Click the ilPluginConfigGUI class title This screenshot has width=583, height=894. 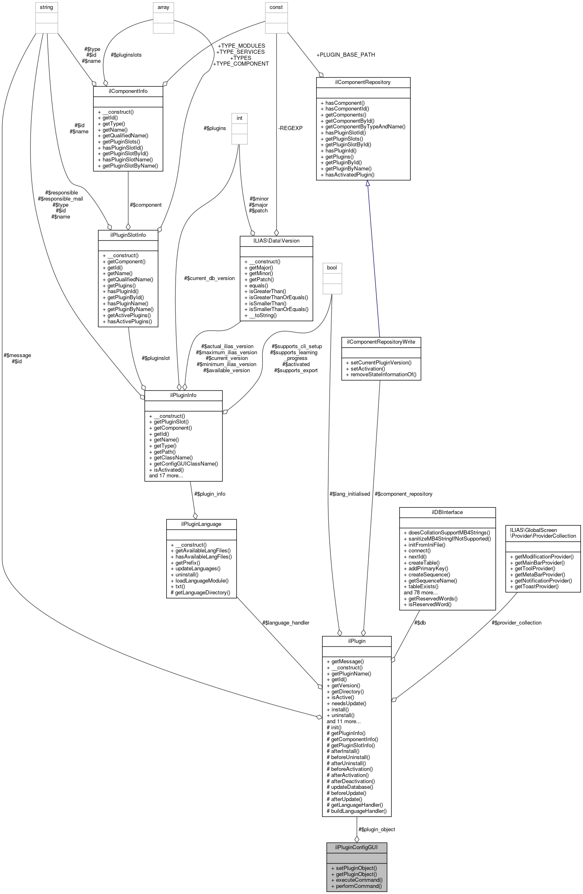click(356, 847)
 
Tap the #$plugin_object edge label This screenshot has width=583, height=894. click(376, 829)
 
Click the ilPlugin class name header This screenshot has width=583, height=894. click(356, 641)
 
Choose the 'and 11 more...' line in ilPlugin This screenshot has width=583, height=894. click(343, 721)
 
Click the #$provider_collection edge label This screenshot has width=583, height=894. click(516, 622)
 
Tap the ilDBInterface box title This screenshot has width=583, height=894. click(447, 512)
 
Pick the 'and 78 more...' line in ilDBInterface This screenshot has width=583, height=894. click(420, 592)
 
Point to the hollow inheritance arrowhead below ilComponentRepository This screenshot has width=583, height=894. click(367, 184)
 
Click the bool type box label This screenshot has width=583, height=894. click(332, 267)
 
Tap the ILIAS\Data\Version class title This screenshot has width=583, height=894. click(276, 241)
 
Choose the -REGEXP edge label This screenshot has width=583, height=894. click(290, 128)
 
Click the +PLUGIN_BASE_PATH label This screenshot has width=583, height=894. click(345, 55)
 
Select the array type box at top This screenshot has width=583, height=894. click(163, 7)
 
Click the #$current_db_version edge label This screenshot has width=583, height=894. click(209, 278)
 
